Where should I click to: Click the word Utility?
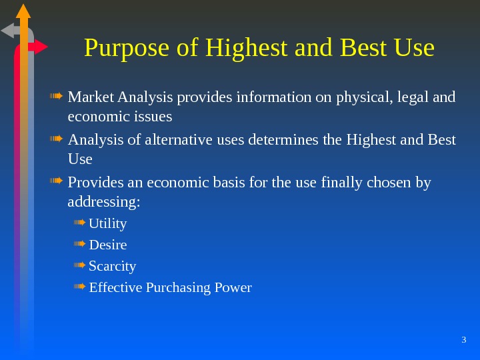(x=108, y=223)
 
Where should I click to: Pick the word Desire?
(x=108, y=245)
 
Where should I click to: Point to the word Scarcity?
(x=113, y=266)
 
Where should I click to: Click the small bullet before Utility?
(x=79, y=222)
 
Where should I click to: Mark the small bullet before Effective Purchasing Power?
(x=79, y=287)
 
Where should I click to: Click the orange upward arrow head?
(x=23, y=11)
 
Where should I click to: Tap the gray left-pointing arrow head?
(x=9, y=31)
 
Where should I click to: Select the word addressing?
(x=103, y=201)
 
